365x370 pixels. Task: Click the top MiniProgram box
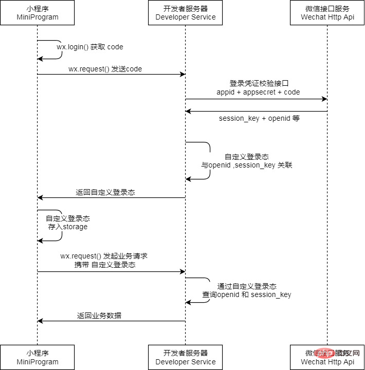click(x=37, y=13)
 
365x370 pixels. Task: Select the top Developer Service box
click(x=186, y=13)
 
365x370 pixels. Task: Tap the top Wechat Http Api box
click(x=327, y=13)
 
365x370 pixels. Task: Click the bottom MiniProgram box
click(x=37, y=357)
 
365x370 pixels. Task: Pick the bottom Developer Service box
click(x=186, y=357)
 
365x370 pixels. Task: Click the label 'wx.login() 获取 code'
click(x=90, y=47)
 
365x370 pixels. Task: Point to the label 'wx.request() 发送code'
click(x=105, y=69)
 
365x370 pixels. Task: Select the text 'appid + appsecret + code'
click(x=258, y=92)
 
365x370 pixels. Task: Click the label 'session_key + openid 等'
click(x=259, y=119)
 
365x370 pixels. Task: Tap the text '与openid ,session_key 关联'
click(x=247, y=165)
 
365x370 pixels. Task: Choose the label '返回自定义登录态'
click(x=105, y=192)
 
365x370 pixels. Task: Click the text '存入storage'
click(x=68, y=227)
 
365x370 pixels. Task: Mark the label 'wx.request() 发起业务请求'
click(x=104, y=255)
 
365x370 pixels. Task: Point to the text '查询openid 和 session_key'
click(x=247, y=294)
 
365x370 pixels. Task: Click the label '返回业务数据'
click(x=99, y=316)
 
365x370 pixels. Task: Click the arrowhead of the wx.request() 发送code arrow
click(x=182, y=75)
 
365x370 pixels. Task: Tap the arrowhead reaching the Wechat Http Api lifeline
click(x=324, y=99)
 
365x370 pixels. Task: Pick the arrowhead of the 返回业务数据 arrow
click(x=41, y=321)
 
